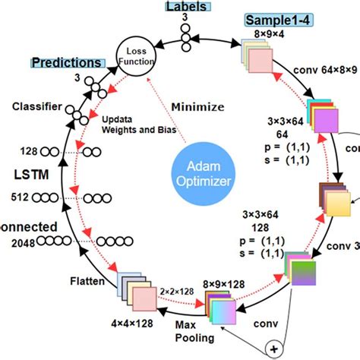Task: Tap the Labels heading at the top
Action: [x=185, y=7]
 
